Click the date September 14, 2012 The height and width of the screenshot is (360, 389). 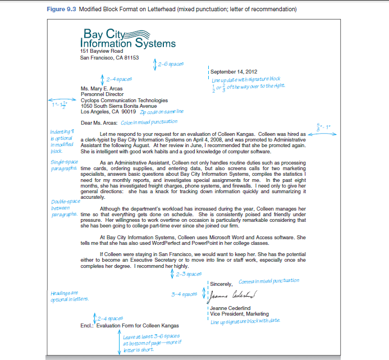click(x=234, y=72)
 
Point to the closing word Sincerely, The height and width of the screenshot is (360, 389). click(x=222, y=284)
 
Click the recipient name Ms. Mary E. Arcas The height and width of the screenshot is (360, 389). click(x=102, y=88)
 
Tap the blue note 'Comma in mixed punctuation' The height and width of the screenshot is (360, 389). click(x=268, y=280)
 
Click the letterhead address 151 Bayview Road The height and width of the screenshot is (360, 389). click(x=101, y=51)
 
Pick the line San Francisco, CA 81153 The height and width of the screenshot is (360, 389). click(x=109, y=57)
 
